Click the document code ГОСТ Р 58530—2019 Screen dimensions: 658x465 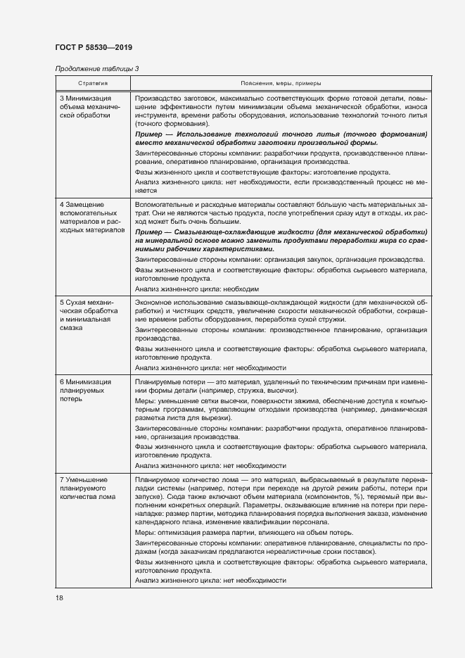93,47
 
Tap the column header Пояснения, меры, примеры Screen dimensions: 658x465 280,82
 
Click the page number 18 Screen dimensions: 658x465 59,597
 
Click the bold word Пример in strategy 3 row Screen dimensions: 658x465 148,134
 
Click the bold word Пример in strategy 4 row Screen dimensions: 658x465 148,232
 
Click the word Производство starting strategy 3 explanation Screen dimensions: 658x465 156,99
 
